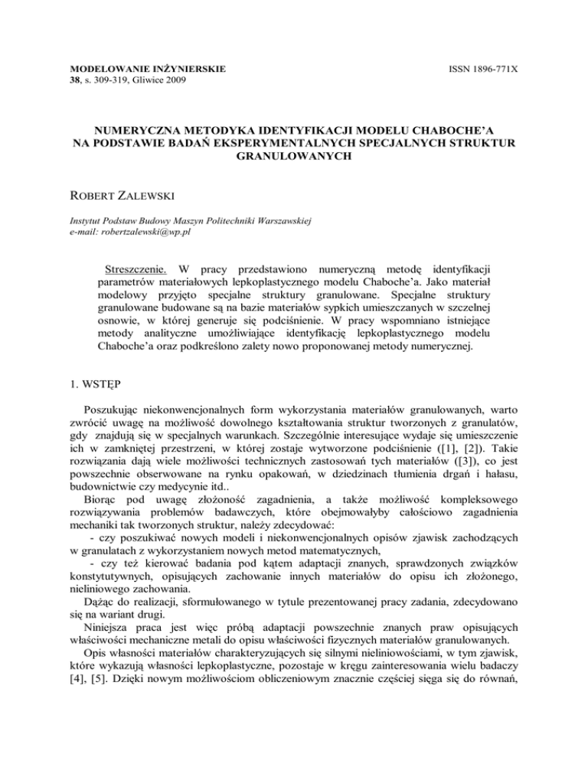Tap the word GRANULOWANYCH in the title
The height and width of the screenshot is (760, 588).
[293, 152]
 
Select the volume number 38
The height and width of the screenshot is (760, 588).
[66, 80]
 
